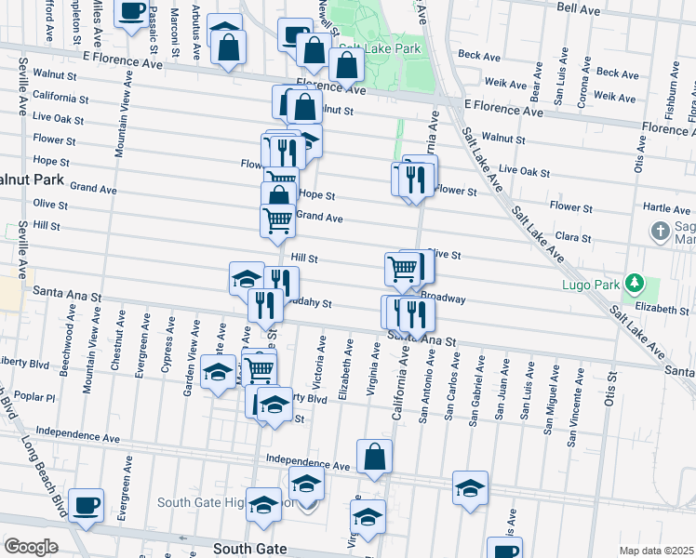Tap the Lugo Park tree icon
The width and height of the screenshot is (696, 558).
[635, 281]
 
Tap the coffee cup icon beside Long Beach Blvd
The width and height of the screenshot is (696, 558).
[86, 505]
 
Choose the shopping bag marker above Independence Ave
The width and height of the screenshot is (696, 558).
[374, 457]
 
